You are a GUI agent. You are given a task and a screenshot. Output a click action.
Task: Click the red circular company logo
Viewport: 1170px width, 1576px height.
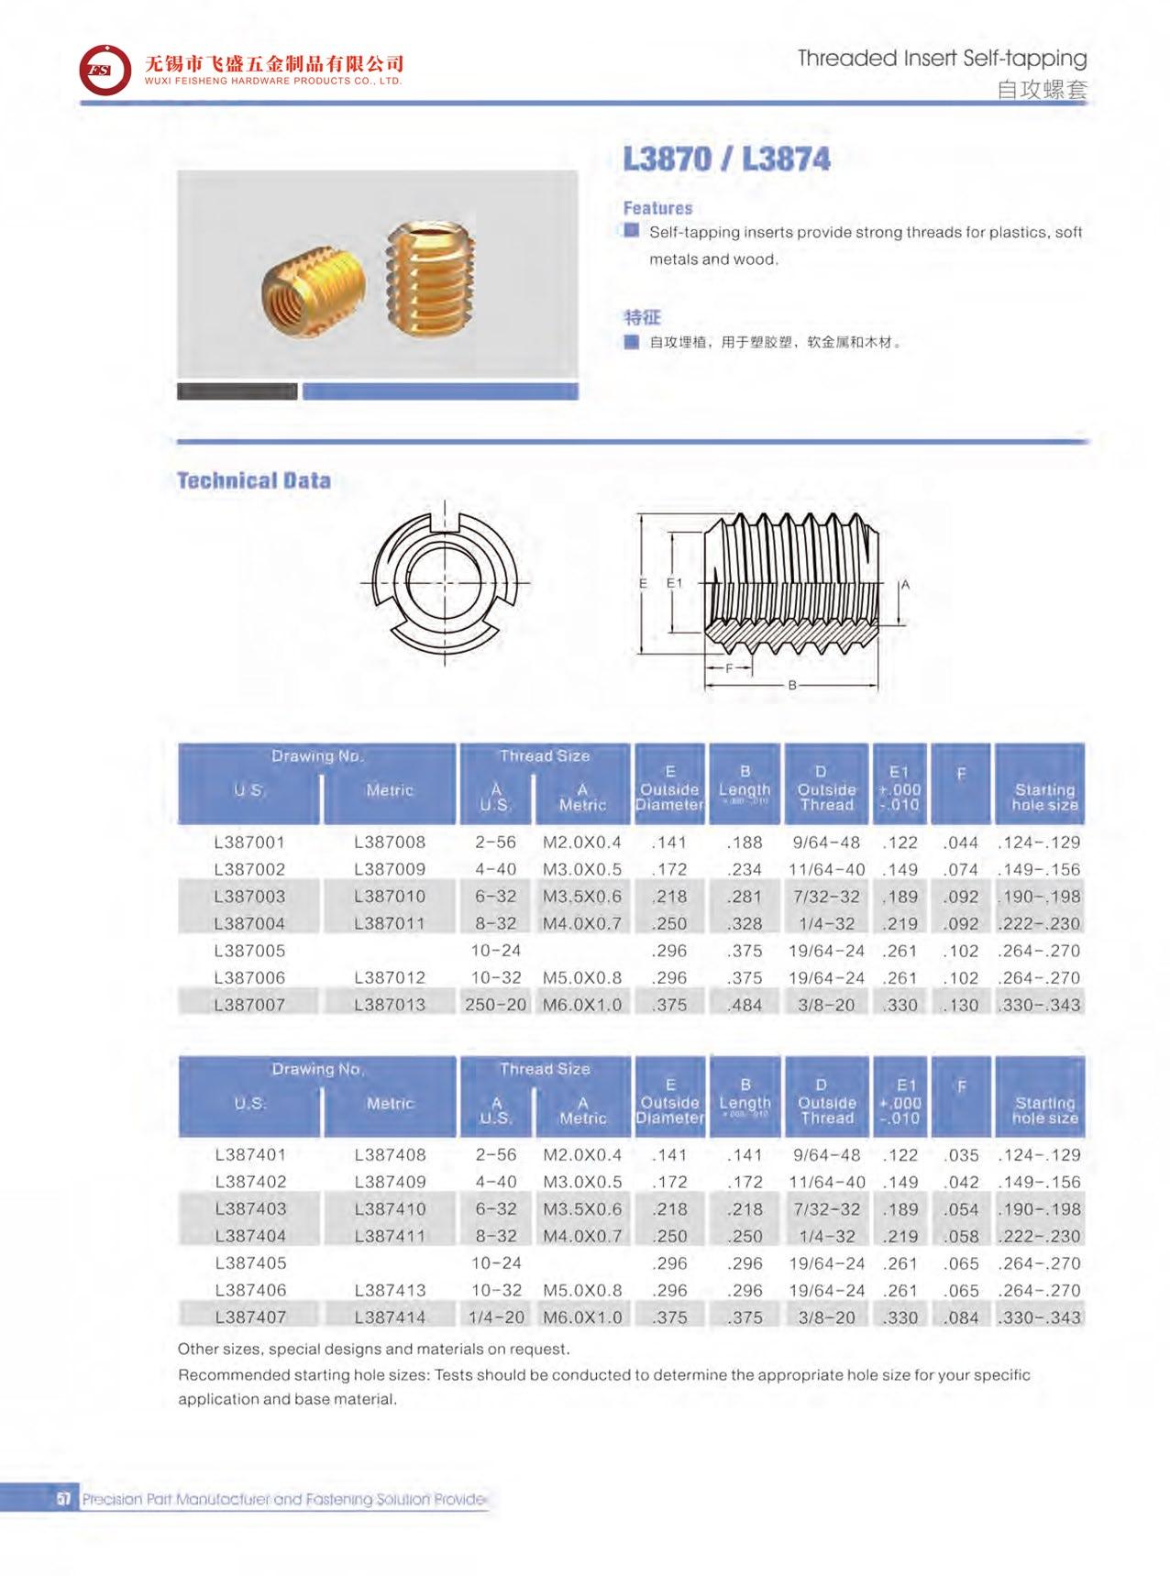click(105, 70)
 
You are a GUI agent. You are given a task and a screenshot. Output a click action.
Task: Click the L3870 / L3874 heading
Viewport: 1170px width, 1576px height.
click(726, 159)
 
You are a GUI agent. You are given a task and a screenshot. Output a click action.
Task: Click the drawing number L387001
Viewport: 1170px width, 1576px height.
click(249, 842)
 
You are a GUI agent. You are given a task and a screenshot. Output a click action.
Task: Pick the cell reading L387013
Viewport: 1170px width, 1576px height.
click(390, 1005)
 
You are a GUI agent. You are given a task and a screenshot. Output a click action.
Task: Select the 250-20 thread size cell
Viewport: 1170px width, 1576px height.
click(495, 1005)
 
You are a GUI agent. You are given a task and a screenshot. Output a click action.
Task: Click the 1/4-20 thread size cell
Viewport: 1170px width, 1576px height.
click(495, 1317)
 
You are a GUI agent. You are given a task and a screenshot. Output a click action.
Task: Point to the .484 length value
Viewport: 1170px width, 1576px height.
click(745, 1005)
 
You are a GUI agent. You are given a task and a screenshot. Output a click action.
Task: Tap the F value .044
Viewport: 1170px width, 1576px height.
click(961, 842)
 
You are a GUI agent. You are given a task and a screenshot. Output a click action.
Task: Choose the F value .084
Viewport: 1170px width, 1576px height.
click(961, 1317)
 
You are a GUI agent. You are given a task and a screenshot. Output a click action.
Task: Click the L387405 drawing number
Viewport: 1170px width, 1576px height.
click(249, 1263)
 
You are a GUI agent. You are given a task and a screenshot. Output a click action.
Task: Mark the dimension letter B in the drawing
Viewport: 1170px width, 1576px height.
click(792, 685)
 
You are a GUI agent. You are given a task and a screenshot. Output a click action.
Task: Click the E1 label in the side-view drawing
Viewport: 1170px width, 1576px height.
click(674, 583)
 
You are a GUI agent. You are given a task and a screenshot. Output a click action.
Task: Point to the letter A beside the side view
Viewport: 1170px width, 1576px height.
click(905, 585)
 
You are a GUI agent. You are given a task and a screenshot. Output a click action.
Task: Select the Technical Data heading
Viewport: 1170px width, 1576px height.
click(253, 480)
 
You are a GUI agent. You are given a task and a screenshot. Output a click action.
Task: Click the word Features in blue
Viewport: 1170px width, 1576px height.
click(657, 208)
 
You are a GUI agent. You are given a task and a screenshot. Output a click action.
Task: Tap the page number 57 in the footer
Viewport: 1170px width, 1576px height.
click(63, 1499)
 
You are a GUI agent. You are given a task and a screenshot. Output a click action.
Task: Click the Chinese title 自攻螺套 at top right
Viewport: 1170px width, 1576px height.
click(1042, 90)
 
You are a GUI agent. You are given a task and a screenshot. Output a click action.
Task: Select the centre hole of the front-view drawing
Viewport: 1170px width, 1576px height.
click(445, 582)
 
